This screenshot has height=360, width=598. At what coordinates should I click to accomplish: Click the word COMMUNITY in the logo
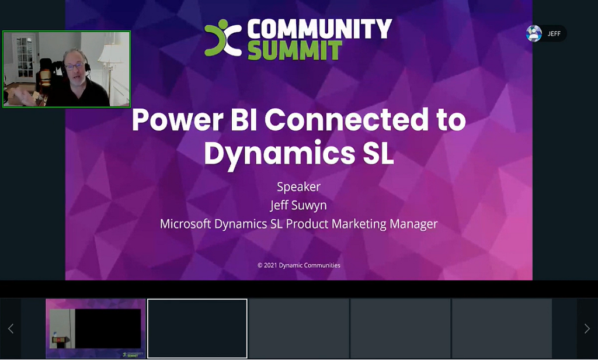point(319,28)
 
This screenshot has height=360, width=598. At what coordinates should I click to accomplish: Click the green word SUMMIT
point(294,50)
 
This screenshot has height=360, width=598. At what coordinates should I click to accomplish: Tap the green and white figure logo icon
point(223,38)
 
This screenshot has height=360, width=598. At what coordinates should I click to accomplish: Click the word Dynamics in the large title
point(276,154)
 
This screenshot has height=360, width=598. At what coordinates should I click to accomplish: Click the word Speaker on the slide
point(298,187)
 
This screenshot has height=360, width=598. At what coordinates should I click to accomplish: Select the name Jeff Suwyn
point(298,205)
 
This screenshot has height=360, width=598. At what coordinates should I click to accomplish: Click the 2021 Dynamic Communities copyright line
point(298,265)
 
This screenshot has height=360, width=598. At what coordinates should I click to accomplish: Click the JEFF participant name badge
point(554,34)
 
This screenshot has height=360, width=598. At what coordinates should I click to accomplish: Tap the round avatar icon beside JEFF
point(534,34)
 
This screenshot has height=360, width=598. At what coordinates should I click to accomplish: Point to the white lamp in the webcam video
point(109,56)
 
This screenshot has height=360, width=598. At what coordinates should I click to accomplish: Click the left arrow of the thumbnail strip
point(11,328)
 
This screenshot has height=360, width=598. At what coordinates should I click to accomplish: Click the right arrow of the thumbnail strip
point(587,328)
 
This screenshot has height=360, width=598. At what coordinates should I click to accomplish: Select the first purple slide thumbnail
point(96,328)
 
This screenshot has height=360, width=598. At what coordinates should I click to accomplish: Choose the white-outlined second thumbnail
point(197,328)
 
